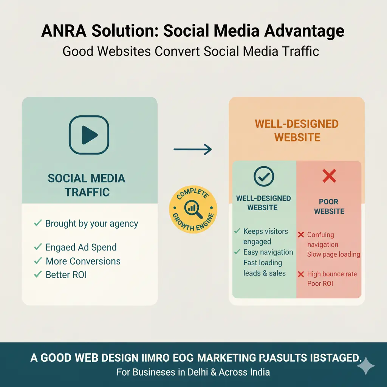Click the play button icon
point(89,135)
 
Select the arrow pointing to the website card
point(192,149)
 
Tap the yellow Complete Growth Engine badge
point(193,210)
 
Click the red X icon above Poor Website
point(329,176)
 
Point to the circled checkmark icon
point(264,176)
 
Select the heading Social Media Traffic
point(87,185)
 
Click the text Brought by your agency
point(91,223)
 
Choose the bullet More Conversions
point(83,261)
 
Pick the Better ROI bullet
point(66,275)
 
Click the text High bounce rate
point(332,274)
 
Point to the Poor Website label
point(329,206)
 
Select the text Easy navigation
point(268,252)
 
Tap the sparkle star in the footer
point(365,366)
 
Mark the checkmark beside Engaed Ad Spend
point(38,247)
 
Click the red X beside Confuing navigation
point(301,235)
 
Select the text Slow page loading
point(333,254)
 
